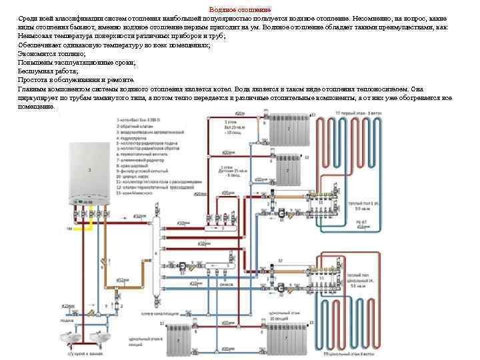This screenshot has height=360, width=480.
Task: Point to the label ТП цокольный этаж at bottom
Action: (x=346, y=351)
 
